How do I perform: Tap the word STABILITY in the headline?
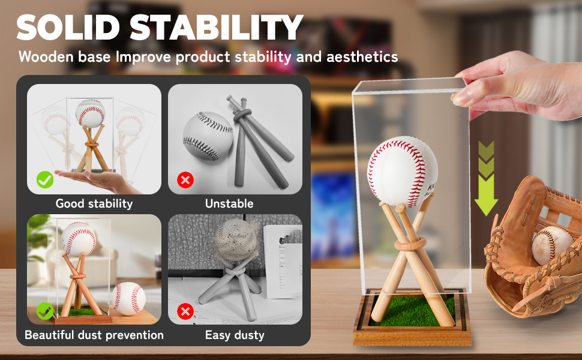[217, 28]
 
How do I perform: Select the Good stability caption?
[94, 203]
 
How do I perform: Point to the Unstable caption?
[229, 203]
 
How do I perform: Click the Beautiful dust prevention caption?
[94, 335]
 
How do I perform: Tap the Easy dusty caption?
[235, 335]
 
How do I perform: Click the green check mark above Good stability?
[44, 179]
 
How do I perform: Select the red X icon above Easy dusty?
[185, 311]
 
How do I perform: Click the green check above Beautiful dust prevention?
[44, 311]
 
